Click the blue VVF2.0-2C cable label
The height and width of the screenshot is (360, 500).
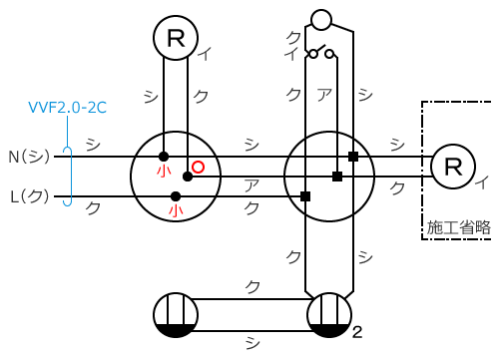pos(68,108)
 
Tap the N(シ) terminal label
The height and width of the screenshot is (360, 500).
pos(29,157)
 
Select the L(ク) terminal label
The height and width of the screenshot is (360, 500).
pos(30,196)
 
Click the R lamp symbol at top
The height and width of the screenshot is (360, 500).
pos(176,38)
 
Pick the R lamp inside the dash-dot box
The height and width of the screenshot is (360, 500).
pos(453,167)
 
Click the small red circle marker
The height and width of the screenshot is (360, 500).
pos(198,167)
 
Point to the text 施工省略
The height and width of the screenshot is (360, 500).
pos(459,227)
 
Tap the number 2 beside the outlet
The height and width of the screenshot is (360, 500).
pos(357,332)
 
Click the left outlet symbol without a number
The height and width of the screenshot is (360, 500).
pos(176,315)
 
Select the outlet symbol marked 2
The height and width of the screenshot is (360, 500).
pos(329,315)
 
